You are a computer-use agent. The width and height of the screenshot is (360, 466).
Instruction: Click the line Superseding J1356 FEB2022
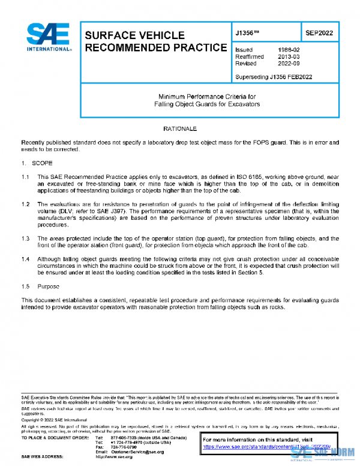(x=274, y=77)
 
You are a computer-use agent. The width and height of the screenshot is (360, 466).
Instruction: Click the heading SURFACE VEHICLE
(x=134, y=35)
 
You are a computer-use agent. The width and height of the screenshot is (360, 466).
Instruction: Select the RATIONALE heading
(x=180, y=129)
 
